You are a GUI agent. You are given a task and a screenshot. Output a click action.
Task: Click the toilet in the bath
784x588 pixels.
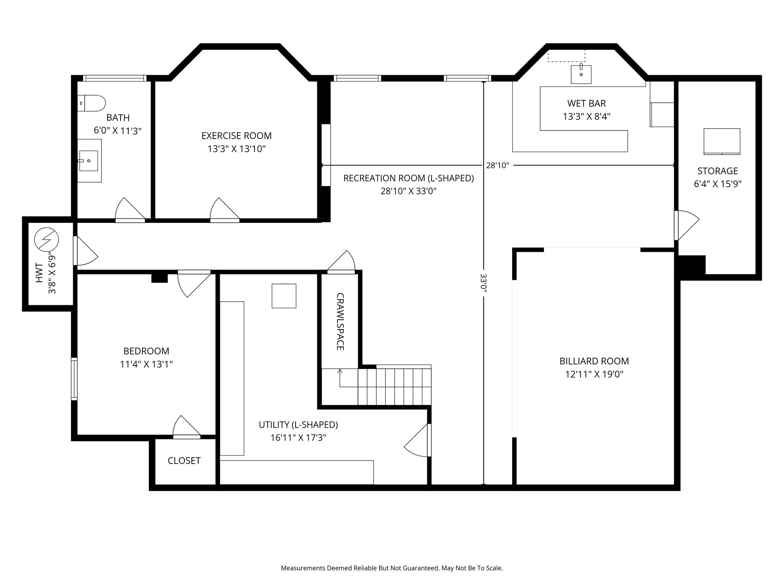(92, 103)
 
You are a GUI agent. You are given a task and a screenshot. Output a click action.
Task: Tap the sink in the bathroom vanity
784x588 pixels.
(88, 161)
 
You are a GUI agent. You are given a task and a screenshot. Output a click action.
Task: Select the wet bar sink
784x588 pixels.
(581, 74)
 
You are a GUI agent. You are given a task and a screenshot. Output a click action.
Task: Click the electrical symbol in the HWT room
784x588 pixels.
(47, 240)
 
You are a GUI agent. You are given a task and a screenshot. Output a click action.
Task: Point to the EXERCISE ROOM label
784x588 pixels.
(236, 136)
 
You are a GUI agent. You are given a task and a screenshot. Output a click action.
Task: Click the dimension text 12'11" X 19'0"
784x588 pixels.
(594, 374)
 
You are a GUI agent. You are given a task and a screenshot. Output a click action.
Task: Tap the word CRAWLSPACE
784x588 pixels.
(340, 322)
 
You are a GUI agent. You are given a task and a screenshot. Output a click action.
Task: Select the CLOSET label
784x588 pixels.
(184, 461)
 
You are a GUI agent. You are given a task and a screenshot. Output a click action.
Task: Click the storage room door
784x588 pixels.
(686, 225)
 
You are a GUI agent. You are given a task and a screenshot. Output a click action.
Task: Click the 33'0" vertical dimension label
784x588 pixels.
(483, 283)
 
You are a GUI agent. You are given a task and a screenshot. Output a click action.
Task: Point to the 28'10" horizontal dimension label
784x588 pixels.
(497, 165)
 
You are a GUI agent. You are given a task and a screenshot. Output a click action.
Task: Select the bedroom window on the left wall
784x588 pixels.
(74, 379)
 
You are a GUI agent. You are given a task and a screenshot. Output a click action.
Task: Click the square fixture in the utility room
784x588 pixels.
(284, 296)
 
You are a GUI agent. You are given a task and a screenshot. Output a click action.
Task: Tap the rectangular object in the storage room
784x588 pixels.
(722, 141)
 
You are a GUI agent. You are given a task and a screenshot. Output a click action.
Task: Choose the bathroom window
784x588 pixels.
(115, 78)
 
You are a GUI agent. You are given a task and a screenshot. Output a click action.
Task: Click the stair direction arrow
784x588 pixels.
(340, 377)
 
